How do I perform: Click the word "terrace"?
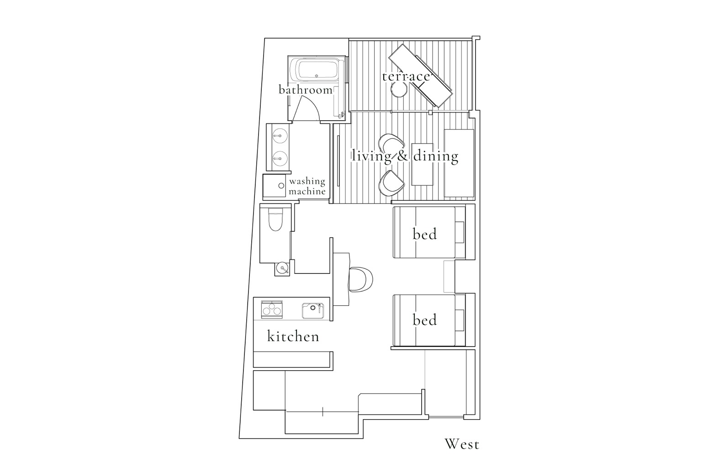(406, 76)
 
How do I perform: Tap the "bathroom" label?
(306, 90)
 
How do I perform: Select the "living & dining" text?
(405, 156)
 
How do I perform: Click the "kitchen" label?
(293, 337)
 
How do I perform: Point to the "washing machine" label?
(307, 186)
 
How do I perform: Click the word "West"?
(462, 444)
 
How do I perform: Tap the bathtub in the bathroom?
(317, 70)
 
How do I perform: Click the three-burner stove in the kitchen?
(271, 310)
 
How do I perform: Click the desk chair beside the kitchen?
(361, 279)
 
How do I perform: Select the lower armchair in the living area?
(392, 183)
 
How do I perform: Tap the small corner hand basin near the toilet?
(282, 268)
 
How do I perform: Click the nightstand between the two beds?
(449, 277)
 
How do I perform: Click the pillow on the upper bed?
(460, 233)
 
